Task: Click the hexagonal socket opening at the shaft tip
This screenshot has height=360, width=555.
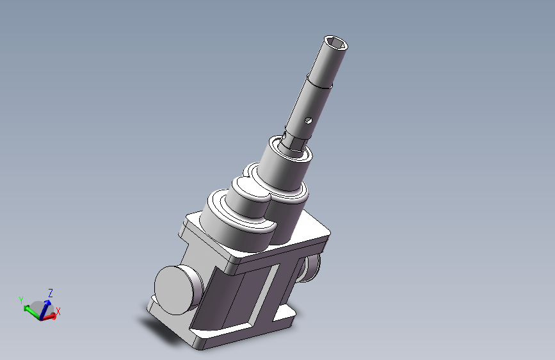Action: click(x=336, y=44)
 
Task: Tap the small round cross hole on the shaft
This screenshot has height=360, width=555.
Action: click(x=309, y=120)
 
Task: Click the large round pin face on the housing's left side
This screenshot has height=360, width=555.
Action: click(x=174, y=290)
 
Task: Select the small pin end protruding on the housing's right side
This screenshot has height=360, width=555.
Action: click(x=311, y=268)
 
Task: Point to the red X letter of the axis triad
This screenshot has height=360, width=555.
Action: click(x=58, y=311)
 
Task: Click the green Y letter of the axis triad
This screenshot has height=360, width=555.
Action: click(x=21, y=300)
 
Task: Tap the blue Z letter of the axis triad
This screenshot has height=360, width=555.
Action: click(x=51, y=293)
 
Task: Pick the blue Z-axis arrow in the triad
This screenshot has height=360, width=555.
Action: click(x=45, y=309)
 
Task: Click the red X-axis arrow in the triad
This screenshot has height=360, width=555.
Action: click(x=49, y=317)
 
